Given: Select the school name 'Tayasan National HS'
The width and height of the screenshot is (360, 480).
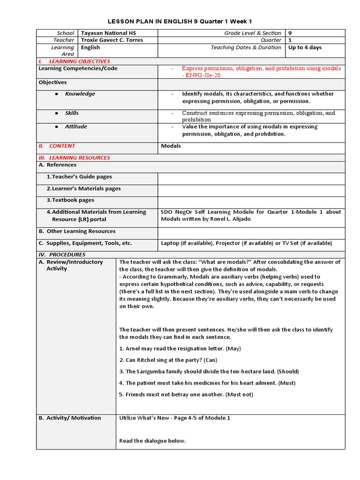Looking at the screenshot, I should pos(106,33).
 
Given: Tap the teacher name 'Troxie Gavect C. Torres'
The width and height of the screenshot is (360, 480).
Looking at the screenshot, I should pos(112,40).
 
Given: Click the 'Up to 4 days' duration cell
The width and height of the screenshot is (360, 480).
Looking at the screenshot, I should pos(305,47).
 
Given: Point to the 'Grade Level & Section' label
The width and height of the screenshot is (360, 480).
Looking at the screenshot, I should pos(253,33).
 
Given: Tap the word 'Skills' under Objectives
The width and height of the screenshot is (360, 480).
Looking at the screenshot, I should pos(72,113).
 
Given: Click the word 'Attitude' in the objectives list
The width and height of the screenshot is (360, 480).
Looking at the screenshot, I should pos(75,127).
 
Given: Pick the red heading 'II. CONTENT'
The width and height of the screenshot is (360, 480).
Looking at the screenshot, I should pos(57,146).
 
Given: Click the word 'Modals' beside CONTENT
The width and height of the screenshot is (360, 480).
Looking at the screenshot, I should pos(171,146).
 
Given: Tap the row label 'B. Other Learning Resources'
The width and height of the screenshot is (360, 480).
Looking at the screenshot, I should pos(77,231).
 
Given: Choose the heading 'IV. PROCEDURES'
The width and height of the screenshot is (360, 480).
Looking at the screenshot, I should pos(61,255).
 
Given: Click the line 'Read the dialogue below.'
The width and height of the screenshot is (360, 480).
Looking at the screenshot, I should pos(152,441).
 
